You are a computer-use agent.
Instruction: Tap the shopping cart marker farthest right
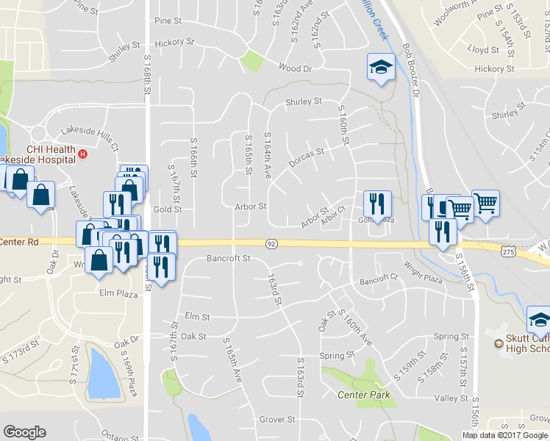pos(485,202)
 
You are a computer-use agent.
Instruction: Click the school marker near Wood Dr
pos(380,68)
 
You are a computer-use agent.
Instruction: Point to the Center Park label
pos(363,395)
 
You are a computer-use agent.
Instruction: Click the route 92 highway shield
pos(271,243)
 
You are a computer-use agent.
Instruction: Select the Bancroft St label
pos(229,259)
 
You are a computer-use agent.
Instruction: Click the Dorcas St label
pos(307,157)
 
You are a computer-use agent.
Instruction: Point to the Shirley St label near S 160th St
pos(304,101)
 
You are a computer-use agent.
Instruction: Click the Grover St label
pos(277,420)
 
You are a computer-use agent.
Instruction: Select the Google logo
pos(24,432)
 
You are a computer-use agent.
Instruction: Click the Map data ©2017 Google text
pos(504,435)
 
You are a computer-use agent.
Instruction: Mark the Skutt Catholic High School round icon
pos(499,342)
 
